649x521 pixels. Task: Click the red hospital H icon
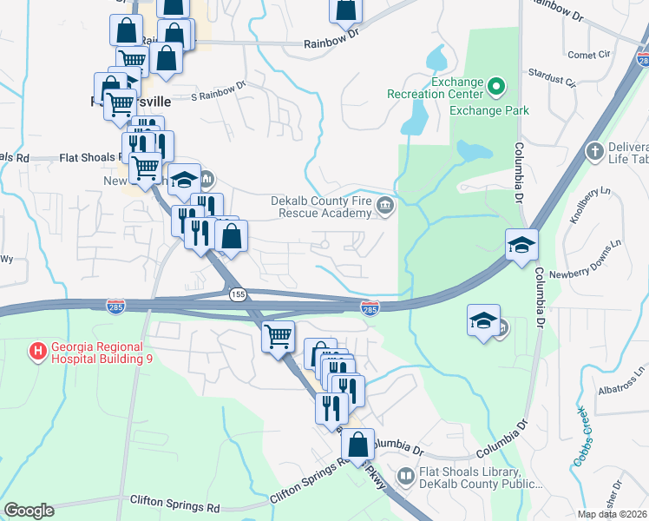[37, 353]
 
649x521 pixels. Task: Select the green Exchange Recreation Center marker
[495, 86]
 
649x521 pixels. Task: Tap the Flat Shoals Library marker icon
[405, 476]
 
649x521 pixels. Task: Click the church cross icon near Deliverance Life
[594, 151]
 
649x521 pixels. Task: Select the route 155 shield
[238, 295]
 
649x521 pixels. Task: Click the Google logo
[29, 511]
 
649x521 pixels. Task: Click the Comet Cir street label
[588, 55]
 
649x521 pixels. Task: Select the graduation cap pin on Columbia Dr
[521, 244]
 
